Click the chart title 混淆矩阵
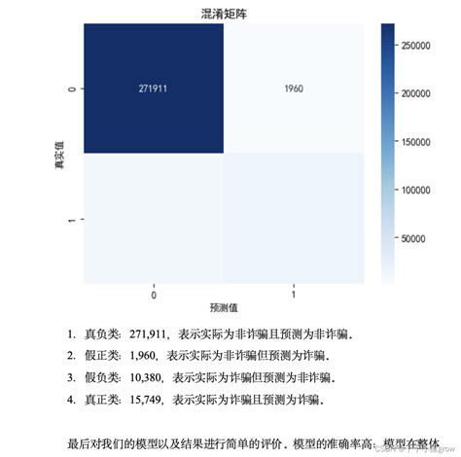[x=224, y=10]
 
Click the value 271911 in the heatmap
[x=155, y=88]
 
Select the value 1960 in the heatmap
[x=294, y=88]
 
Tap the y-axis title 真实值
[x=59, y=155]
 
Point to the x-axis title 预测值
[x=224, y=308]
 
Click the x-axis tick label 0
[x=155, y=293]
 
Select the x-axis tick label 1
[x=294, y=293]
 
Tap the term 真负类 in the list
[x=101, y=334]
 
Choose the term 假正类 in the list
[x=101, y=355]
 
